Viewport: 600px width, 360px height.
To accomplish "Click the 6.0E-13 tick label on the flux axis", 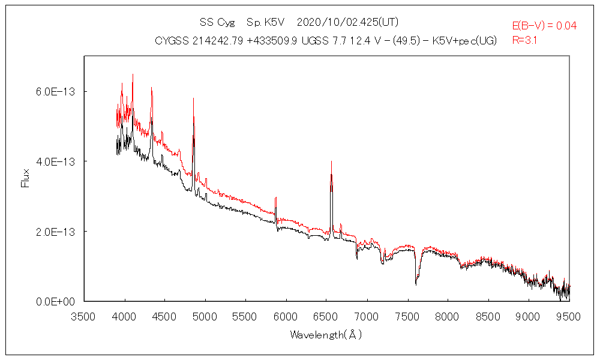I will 54,91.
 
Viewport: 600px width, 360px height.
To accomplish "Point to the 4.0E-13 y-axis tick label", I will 54,161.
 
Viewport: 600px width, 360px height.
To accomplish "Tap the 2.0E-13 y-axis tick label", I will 54,232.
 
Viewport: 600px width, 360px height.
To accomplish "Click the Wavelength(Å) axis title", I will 326,334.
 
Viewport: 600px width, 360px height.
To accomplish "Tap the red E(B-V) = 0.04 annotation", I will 544,26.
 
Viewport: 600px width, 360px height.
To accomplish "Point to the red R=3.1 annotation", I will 524,41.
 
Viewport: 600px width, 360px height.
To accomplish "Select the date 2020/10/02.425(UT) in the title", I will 347,22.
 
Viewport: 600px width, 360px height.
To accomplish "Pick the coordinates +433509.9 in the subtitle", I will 272,41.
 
